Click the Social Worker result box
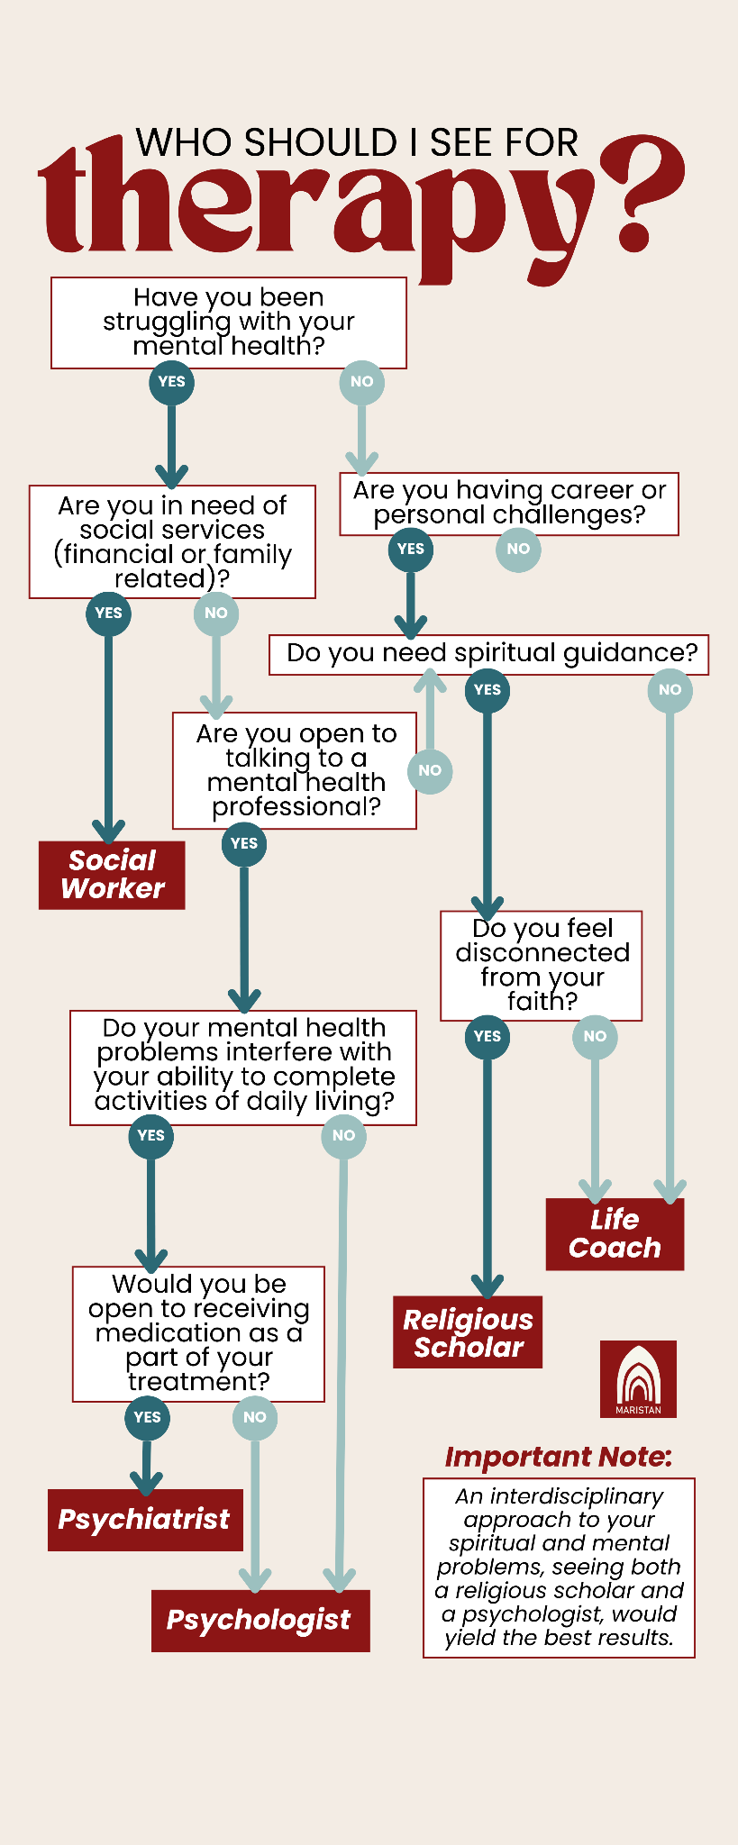tap(112, 875)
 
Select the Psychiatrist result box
tap(145, 1520)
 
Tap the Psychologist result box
tap(260, 1620)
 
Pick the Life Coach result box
tap(615, 1234)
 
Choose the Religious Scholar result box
tap(468, 1333)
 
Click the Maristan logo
tap(638, 1378)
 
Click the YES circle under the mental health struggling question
tap(171, 381)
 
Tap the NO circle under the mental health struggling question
tap(361, 381)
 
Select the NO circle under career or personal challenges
tap(518, 549)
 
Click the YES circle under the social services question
tap(108, 613)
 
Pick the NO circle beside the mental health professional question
tap(430, 770)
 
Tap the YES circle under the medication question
tap(147, 1417)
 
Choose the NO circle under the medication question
tap(255, 1417)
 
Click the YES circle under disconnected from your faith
tap(487, 1036)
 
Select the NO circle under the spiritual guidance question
tap(670, 690)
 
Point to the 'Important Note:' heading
tap(559, 1457)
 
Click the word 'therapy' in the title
tap(315, 207)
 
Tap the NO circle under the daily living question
tap(343, 1135)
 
